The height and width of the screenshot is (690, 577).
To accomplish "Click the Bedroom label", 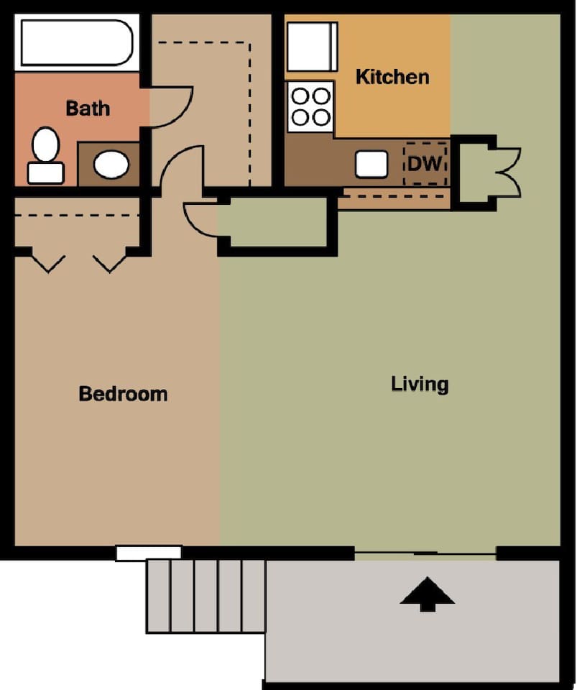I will tap(123, 394).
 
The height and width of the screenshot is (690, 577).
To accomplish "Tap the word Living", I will tap(420, 384).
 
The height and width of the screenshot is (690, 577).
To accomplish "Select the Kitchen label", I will tap(392, 77).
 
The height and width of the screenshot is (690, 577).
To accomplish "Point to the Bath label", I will tap(88, 109).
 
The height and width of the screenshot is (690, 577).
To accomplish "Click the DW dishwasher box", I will tap(425, 163).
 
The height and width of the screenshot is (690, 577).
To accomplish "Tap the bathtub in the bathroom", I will tap(76, 43).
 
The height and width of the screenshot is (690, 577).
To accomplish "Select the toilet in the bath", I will tap(46, 154).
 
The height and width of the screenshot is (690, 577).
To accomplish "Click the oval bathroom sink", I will tap(111, 164).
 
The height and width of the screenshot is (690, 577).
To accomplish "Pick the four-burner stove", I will tap(310, 107).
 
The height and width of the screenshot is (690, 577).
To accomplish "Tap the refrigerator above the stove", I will tap(312, 47).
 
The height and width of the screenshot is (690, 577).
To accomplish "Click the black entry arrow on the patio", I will tap(428, 594).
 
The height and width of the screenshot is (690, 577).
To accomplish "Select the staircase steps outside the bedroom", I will tap(206, 595).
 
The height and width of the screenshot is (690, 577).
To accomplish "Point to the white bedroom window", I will tap(149, 553).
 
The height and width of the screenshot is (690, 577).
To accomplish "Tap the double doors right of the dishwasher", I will tap(504, 172).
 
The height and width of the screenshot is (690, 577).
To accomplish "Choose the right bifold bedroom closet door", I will tap(110, 262).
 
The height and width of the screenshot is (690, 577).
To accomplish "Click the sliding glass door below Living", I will tap(425, 553).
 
